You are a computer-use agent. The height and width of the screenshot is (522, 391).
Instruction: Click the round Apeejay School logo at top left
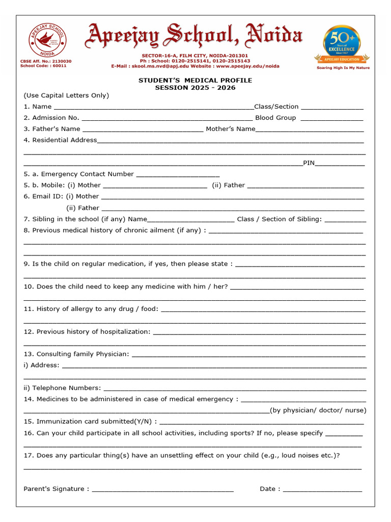(x=47, y=40)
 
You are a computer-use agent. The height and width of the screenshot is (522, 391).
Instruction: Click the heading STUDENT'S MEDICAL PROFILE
(x=195, y=81)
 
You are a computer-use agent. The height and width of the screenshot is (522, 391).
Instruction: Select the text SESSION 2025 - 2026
(x=195, y=88)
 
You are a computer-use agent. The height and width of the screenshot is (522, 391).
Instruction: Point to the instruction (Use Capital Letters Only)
(x=66, y=95)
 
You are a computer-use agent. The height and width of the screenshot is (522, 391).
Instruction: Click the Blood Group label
(x=275, y=118)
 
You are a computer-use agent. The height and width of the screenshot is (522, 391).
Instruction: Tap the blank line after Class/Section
(x=332, y=108)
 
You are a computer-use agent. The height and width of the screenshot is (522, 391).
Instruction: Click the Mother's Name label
(x=230, y=129)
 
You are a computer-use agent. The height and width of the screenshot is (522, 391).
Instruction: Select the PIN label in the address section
(x=309, y=163)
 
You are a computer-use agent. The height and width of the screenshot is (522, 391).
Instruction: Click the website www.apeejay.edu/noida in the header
(x=247, y=66)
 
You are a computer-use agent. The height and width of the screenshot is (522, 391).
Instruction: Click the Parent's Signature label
(x=56, y=489)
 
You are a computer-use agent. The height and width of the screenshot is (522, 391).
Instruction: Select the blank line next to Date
(x=322, y=490)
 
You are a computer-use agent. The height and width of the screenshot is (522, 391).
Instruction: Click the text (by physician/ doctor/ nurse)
(x=318, y=410)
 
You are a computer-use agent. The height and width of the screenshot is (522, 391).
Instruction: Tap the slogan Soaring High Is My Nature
(x=343, y=68)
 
